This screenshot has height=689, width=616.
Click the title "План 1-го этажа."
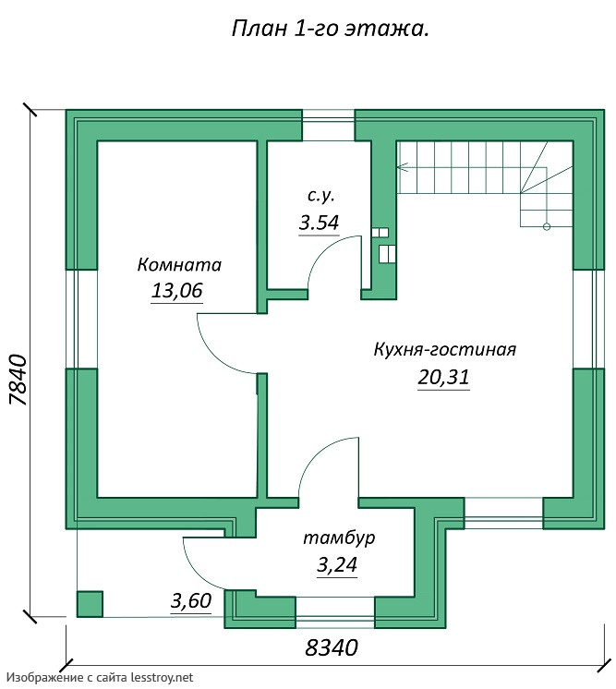(x=329, y=29)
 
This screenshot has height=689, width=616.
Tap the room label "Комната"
(x=179, y=265)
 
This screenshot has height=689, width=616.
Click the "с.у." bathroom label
(x=320, y=196)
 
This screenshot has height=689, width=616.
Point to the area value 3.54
(x=319, y=222)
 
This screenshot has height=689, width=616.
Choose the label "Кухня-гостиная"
(x=444, y=350)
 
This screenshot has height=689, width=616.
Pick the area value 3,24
(x=336, y=565)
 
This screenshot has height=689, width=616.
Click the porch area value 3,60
(x=191, y=601)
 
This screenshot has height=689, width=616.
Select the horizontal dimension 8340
(x=331, y=648)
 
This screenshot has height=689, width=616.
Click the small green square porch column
(x=89, y=604)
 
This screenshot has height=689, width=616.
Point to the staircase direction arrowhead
(x=401, y=167)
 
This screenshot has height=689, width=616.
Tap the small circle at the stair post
(x=547, y=226)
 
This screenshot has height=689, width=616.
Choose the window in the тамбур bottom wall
(x=335, y=609)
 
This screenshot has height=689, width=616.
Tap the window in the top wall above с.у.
(x=329, y=126)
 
